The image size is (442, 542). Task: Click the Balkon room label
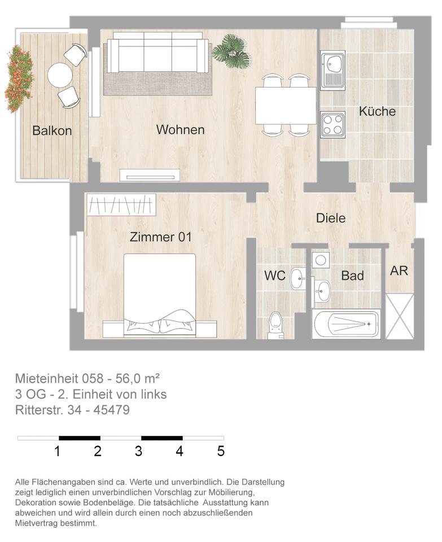[x=52, y=130]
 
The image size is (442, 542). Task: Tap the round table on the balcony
[x=60, y=75]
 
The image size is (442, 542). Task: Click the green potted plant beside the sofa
[x=231, y=50]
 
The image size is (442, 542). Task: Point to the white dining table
[x=286, y=106]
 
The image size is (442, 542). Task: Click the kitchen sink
[x=333, y=70]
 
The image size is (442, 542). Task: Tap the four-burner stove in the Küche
[x=333, y=125]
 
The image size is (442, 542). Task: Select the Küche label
[x=377, y=111]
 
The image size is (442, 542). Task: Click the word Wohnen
[x=180, y=130]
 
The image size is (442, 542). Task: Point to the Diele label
[x=331, y=218]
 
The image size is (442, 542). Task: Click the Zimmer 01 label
[x=160, y=237]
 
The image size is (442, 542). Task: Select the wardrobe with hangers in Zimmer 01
[x=121, y=205]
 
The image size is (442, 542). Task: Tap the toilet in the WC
[x=275, y=325]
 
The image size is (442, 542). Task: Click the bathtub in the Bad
[x=346, y=324]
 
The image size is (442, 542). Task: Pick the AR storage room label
[x=399, y=271]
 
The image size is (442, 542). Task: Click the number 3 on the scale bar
[x=138, y=451]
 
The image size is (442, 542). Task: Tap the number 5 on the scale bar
[x=221, y=451]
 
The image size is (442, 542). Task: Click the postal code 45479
[x=112, y=410]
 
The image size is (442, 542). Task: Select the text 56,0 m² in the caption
[x=138, y=378]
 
